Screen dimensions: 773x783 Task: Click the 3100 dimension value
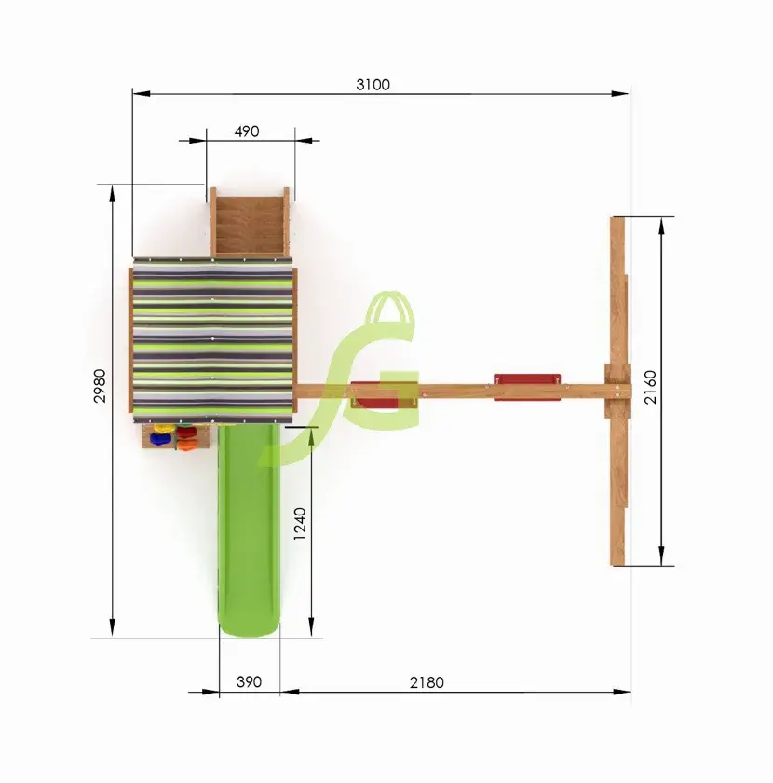[373, 85]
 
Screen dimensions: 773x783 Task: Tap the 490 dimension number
[247, 131]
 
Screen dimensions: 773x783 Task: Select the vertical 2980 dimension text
[100, 386]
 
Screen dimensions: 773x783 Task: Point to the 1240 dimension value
[299, 523]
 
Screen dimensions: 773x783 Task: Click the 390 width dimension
[249, 681]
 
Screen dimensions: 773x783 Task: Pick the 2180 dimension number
[427, 682]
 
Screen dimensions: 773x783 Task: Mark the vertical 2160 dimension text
[650, 387]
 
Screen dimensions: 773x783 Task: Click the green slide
[249, 529]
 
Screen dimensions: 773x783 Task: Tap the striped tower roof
[212, 339]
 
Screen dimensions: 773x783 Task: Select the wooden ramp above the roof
[250, 223]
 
